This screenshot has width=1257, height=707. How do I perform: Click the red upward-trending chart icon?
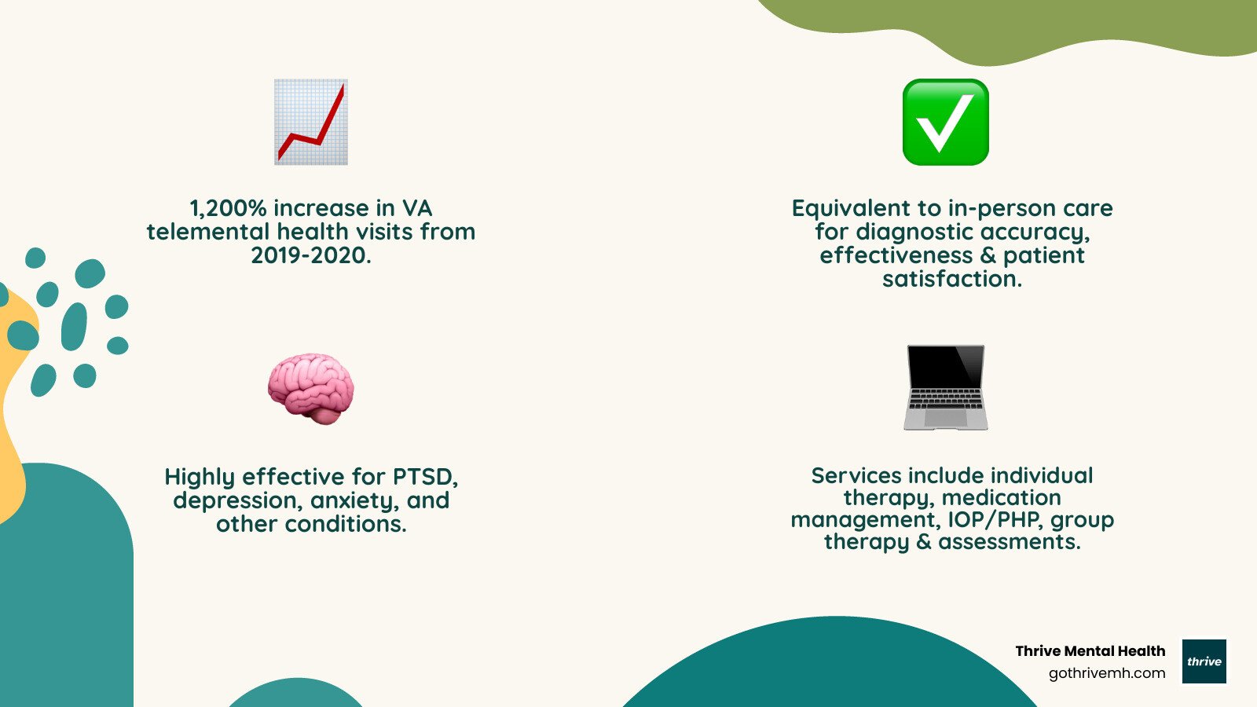[x=311, y=122]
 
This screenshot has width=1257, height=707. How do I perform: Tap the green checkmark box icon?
[x=945, y=122]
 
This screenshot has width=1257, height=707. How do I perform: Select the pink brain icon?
[x=311, y=388]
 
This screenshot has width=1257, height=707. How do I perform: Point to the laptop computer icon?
[x=945, y=387]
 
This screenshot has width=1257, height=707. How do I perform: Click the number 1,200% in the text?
[x=228, y=208]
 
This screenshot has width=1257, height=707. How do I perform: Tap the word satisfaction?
[x=952, y=279]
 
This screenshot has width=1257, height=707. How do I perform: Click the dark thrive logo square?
[x=1204, y=661]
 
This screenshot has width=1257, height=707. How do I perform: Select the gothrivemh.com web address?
[x=1107, y=673]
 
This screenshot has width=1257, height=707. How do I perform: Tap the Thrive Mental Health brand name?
[x=1090, y=651]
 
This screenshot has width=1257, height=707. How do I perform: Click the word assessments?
[x=1010, y=542]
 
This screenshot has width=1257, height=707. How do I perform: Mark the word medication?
[x=1002, y=498]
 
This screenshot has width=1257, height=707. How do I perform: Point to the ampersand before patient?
[x=988, y=255]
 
